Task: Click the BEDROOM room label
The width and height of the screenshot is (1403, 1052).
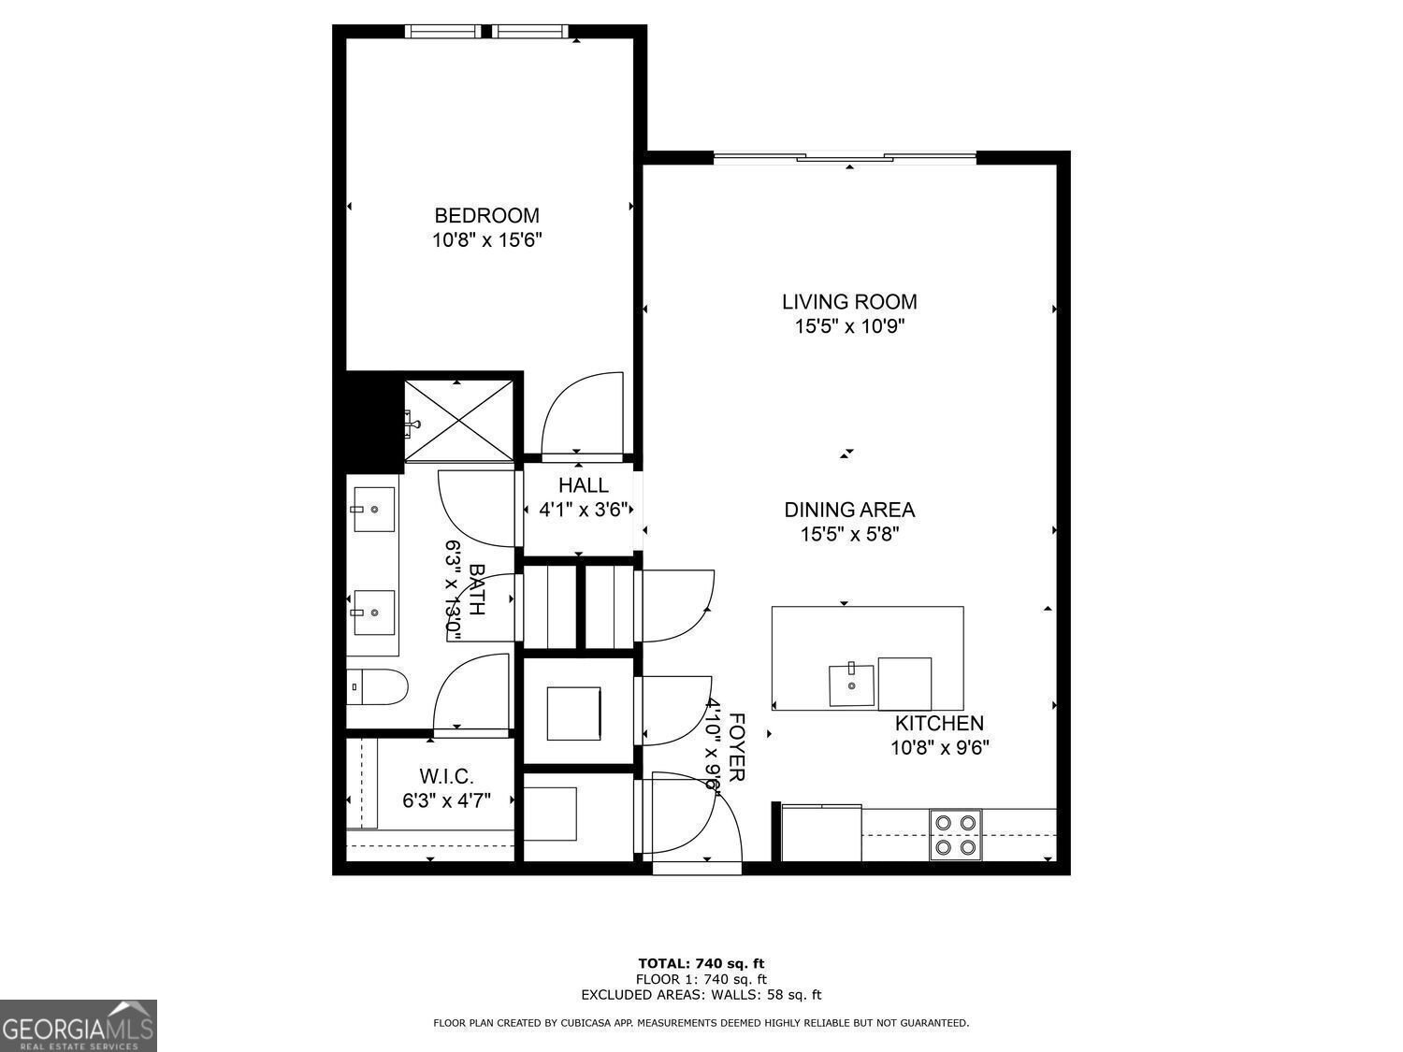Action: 486,216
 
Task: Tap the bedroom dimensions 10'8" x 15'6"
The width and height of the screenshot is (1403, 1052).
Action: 486,240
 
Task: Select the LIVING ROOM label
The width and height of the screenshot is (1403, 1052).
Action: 849,302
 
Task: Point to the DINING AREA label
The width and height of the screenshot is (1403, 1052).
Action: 849,510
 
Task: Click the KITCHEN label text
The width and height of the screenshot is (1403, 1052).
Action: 939,723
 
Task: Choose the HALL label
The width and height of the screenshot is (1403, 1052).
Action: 583,485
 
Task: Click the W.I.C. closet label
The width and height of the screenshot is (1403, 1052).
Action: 446,776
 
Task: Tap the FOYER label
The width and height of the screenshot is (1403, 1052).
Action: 736,747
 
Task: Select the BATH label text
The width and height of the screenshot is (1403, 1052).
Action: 476,589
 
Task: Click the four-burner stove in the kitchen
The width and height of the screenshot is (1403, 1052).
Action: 956,834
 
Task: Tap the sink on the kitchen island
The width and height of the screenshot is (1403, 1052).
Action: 851,685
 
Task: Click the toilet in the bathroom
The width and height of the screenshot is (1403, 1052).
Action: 377,687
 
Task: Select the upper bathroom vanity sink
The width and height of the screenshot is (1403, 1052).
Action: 373,510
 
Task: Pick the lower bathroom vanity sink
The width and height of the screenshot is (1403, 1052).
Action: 373,612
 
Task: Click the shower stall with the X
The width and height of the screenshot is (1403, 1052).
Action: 458,421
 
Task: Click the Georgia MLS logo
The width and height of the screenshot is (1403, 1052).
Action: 79,1026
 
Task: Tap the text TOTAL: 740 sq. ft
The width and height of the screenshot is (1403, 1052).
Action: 701,963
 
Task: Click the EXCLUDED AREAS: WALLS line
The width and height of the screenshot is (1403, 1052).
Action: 701,995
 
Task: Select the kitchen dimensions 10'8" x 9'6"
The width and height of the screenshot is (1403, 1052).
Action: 939,747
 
